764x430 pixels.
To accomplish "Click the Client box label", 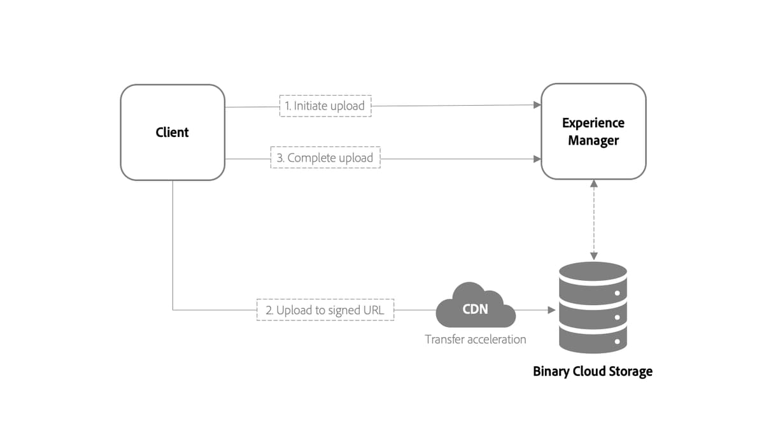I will [x=172, y=133].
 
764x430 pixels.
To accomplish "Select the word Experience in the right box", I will [x=593, y=123].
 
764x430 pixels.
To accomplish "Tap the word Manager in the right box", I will [x=593, y=140].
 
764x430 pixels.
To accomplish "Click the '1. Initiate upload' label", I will [x=325, y=106].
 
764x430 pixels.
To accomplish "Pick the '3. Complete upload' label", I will [x=325, y=157].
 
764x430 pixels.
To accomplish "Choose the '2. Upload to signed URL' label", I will [x=325, y=310].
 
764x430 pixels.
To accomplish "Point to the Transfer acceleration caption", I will [x=476, y=339].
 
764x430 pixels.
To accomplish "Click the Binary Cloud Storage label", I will [x=592, y=371].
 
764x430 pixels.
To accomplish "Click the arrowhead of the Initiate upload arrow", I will [x=537, y=105].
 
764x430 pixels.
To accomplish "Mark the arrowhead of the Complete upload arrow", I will [x=537, y=159].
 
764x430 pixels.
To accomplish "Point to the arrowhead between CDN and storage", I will [x=552, y=310].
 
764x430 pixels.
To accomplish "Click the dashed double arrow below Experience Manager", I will [x=593, y=220].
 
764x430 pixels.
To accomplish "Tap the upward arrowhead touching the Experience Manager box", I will [x=593, y=183].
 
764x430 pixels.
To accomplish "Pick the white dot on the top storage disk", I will [x=617, y=292].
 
